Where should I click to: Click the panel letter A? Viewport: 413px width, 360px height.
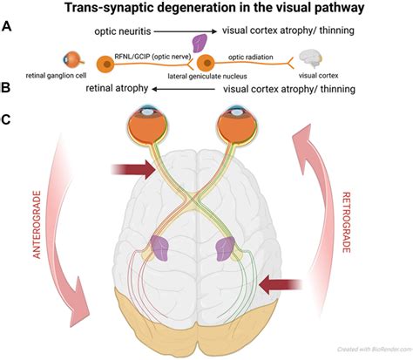[x=6, y=27]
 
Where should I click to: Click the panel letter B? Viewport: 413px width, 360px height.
[x=6, y=88]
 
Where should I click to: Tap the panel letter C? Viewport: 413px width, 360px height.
[x=6, y=119]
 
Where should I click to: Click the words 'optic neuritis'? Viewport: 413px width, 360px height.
[x=123, y=31]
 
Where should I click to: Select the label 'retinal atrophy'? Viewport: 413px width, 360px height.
[x=117, y=88]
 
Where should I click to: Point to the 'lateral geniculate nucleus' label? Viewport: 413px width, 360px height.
[x=207, y=76]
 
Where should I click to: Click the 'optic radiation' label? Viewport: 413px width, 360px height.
[x=251, y=57]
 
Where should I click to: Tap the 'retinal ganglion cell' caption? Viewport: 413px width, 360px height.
[x=56, y=76]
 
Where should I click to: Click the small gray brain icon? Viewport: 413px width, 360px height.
[x=311, y=58]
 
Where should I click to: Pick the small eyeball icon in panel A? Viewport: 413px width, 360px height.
[x=73, y=59]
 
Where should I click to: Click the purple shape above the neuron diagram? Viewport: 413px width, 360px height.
[x=200, y=43]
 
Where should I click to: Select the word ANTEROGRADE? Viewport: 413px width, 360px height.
[x=37, y=225]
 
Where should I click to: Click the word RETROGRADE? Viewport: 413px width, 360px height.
[x=346, y=222]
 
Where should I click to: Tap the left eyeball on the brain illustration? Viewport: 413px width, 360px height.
[x=149, y=126]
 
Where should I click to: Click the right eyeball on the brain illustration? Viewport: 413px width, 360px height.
[x=237, y=126]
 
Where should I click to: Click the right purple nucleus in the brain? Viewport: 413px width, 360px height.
[x=226, y=248]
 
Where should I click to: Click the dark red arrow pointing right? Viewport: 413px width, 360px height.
[x=133, y=169]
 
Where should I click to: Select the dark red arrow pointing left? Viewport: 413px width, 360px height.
[x=281, y=285]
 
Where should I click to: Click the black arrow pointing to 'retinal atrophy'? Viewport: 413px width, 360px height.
[x=183, y=89]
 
